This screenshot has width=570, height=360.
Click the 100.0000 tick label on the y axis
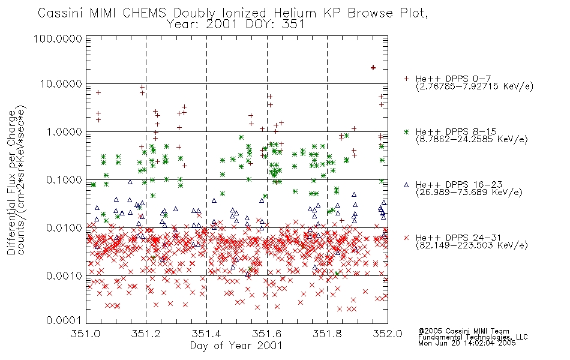(x=58, y=38)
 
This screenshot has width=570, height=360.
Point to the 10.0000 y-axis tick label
(x=61, y=84)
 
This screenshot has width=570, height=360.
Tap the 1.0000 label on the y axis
(x=64, y=131)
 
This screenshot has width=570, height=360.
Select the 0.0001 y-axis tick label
(x=64, y=320)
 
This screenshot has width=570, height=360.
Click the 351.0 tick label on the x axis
(x=86, y=334)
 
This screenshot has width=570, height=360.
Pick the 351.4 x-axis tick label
(x=206, y=334)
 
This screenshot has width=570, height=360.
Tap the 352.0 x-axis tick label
(x=388, y=334)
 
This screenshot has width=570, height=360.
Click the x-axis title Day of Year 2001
(x=236, y=346)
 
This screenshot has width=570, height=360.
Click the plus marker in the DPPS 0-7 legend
(x=406, y=79)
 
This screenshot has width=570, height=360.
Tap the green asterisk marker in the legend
(x=406, y=131)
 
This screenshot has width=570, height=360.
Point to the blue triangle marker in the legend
(x=406, y=185)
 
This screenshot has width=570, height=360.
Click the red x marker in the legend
(x=406, y=238)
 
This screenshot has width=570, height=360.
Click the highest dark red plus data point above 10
(x=373, y=68)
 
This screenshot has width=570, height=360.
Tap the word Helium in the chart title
(x=295, y=13)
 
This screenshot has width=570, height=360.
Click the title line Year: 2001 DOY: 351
(x=236, y=25)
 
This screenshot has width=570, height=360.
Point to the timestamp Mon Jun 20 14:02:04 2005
(x=467, y=343)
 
